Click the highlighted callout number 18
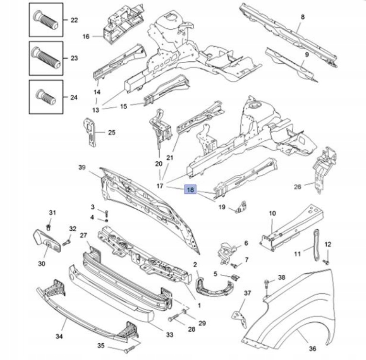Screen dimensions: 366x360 pyautogui.click(x=190, y=189)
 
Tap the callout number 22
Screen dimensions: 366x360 pyautogui.click(x=74, y=20)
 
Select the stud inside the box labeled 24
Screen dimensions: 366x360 pyautogui.click(x=46, y=97)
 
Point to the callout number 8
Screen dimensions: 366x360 pyautogui.click(x=302, y=17)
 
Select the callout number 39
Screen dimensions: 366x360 pyautogui.click(x=82, y=168)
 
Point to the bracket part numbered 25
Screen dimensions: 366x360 pyautogui.click(x=90, y=132)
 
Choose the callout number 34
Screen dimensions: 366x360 pyautogui.click(x=59, y=336)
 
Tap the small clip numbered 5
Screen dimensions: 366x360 pyautogui.click(x=235, y=277)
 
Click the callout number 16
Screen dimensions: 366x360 pyautogui.click(x=86, y=36)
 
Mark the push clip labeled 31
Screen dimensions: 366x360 pyautogui.click(x=48, y=227)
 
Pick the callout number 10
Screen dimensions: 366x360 pyautogui.click(x=272, y=214)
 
